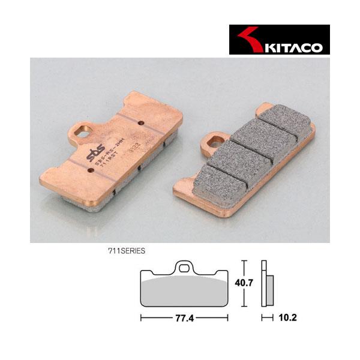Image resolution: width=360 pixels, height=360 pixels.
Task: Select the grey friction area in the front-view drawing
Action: click(184, 290)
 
